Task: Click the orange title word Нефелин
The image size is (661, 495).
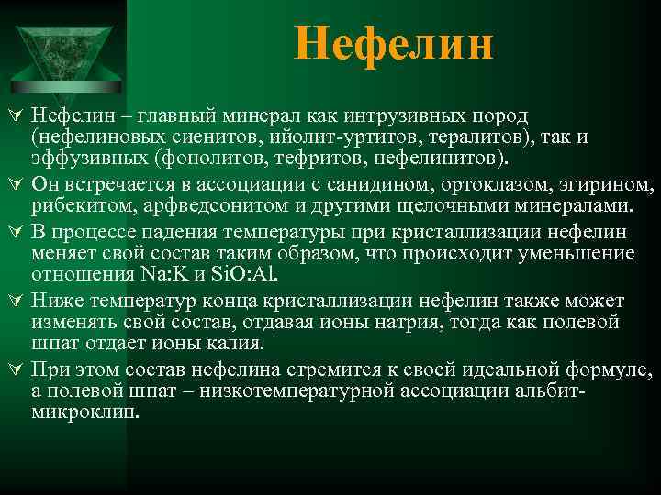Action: point(394,44)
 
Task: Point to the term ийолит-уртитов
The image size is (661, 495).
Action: point(319,137)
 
